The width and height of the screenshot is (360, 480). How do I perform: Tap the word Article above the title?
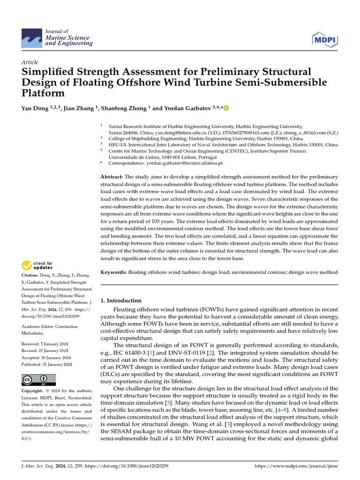[30, 62]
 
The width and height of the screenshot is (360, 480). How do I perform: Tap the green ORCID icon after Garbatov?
[226, 109]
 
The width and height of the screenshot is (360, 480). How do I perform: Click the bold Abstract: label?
[112, 177]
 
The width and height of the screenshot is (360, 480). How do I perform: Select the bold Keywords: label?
[114, 272]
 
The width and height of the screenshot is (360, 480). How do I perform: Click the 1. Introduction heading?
[121, 300]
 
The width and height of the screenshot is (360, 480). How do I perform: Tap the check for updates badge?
[37, 266]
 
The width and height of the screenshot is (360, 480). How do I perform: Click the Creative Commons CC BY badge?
[38, 380]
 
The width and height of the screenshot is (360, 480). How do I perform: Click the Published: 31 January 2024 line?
[47, 364]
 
